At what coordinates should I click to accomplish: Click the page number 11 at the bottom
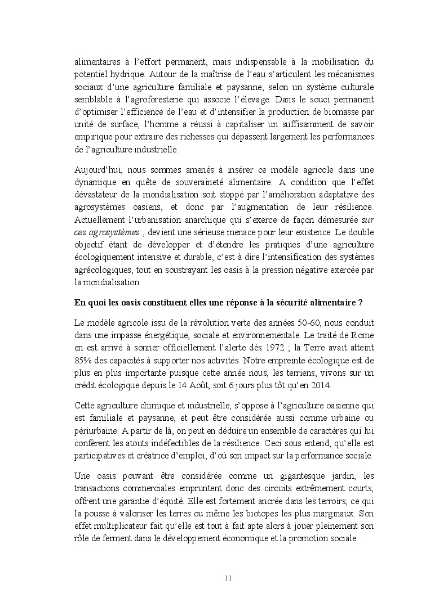point(228,578)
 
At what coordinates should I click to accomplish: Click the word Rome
point(362,335)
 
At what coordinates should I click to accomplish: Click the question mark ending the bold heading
point(361,302)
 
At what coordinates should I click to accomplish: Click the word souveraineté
point(212,182)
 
